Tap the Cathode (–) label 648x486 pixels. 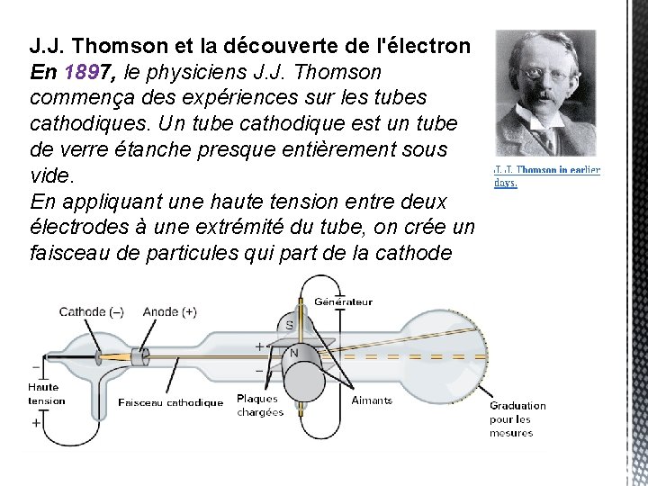(x=91, y=312)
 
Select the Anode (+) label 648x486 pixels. (x=169, y=312)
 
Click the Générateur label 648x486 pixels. (x=343, y=301)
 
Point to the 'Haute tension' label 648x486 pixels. (x=47, y=394)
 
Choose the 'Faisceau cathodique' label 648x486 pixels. (x=170, y=402)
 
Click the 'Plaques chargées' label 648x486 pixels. (x=260, y=405)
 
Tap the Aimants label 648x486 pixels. (x=372, y=400)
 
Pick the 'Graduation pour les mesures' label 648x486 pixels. (x=517, y=419)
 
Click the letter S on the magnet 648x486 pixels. (x=289, y=325)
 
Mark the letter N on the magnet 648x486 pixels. (x=293, y=354)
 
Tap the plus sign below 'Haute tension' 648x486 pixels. (x=36, y=421)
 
